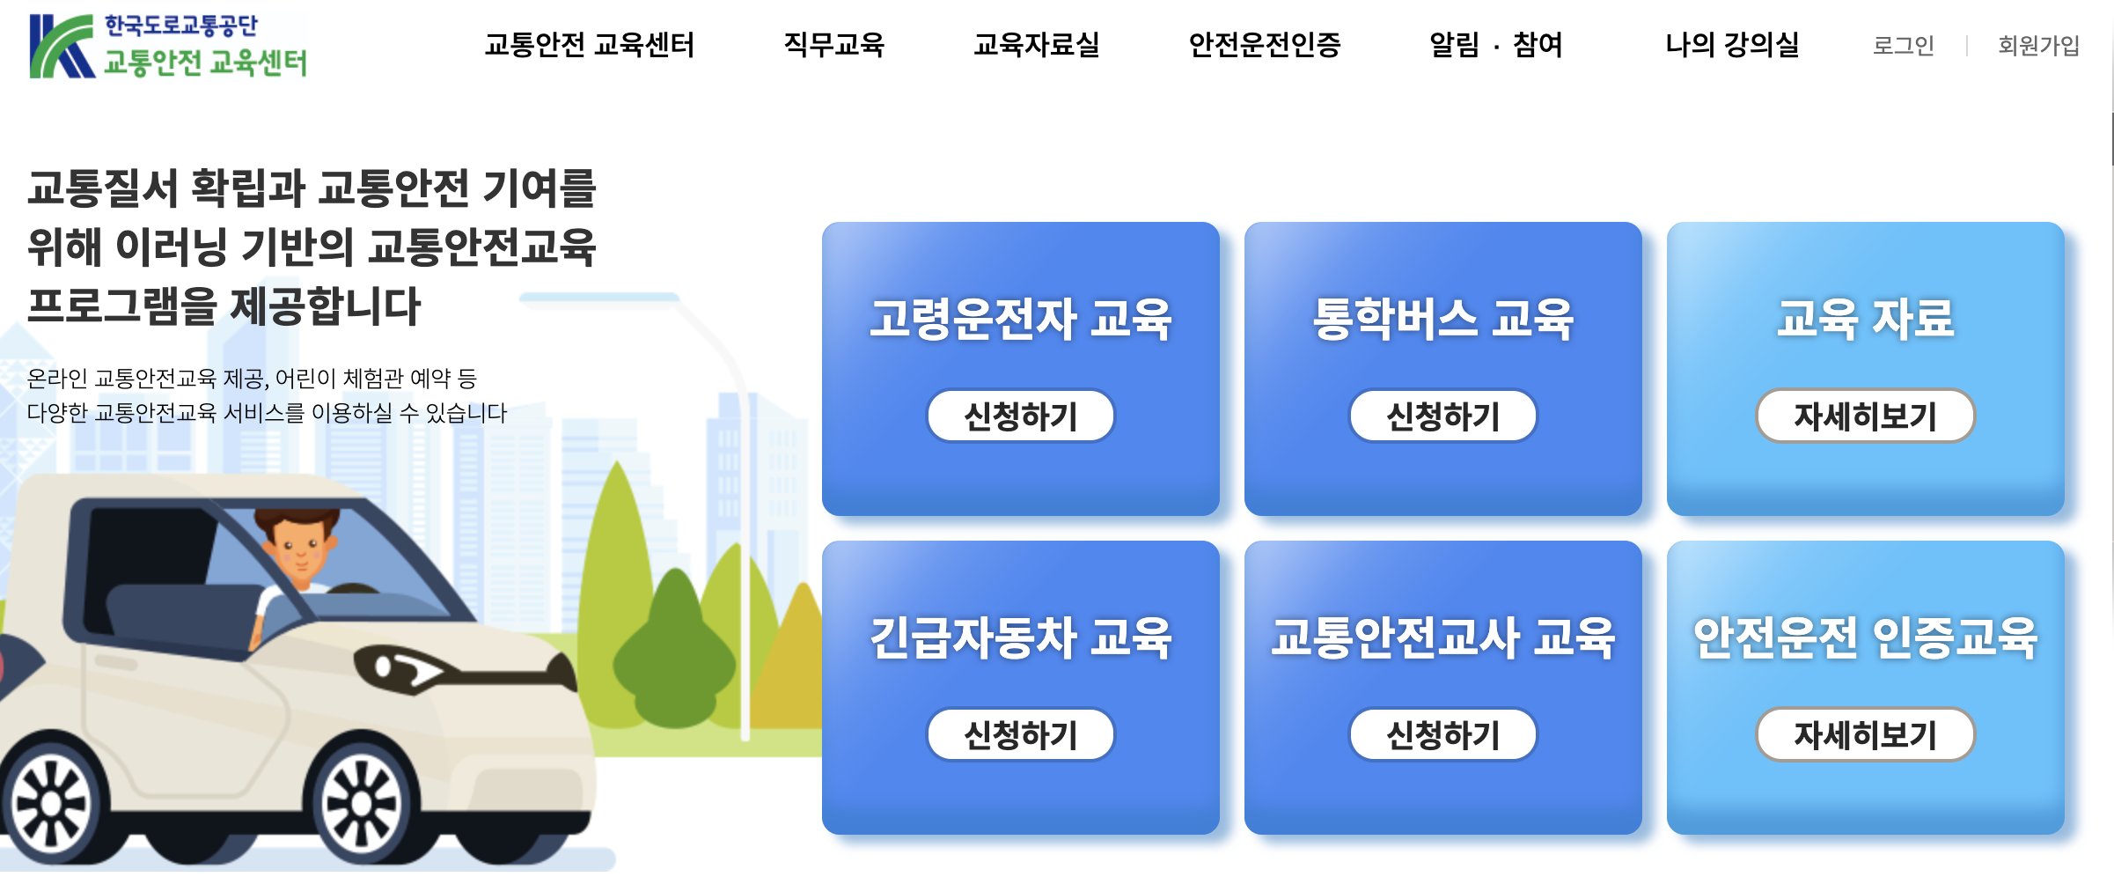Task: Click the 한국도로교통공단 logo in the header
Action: (x=167, y=46)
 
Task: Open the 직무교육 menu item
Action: (x=833, y=45)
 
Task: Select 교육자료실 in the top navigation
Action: (x=1036, y=45)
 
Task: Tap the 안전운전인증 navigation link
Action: (x=1264, y=45)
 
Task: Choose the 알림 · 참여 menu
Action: (x=1495, y=45)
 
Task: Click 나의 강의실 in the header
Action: (x=1731, y=45)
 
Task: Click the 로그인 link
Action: (x=1903, y=46)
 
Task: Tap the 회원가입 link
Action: (x=2038, y=46)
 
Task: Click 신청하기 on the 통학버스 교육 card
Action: (x=1442, y=416)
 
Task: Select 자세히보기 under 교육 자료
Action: (x=1865, y=416)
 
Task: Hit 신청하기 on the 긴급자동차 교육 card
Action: (x=1020, y=734)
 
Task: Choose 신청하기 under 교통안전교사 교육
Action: (x=1442, y=734)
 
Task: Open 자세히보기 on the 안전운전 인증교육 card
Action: (x=1865, y=734)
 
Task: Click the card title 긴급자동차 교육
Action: (x=1020, y=637)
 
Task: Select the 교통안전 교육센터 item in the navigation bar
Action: (x=589, y=45)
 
